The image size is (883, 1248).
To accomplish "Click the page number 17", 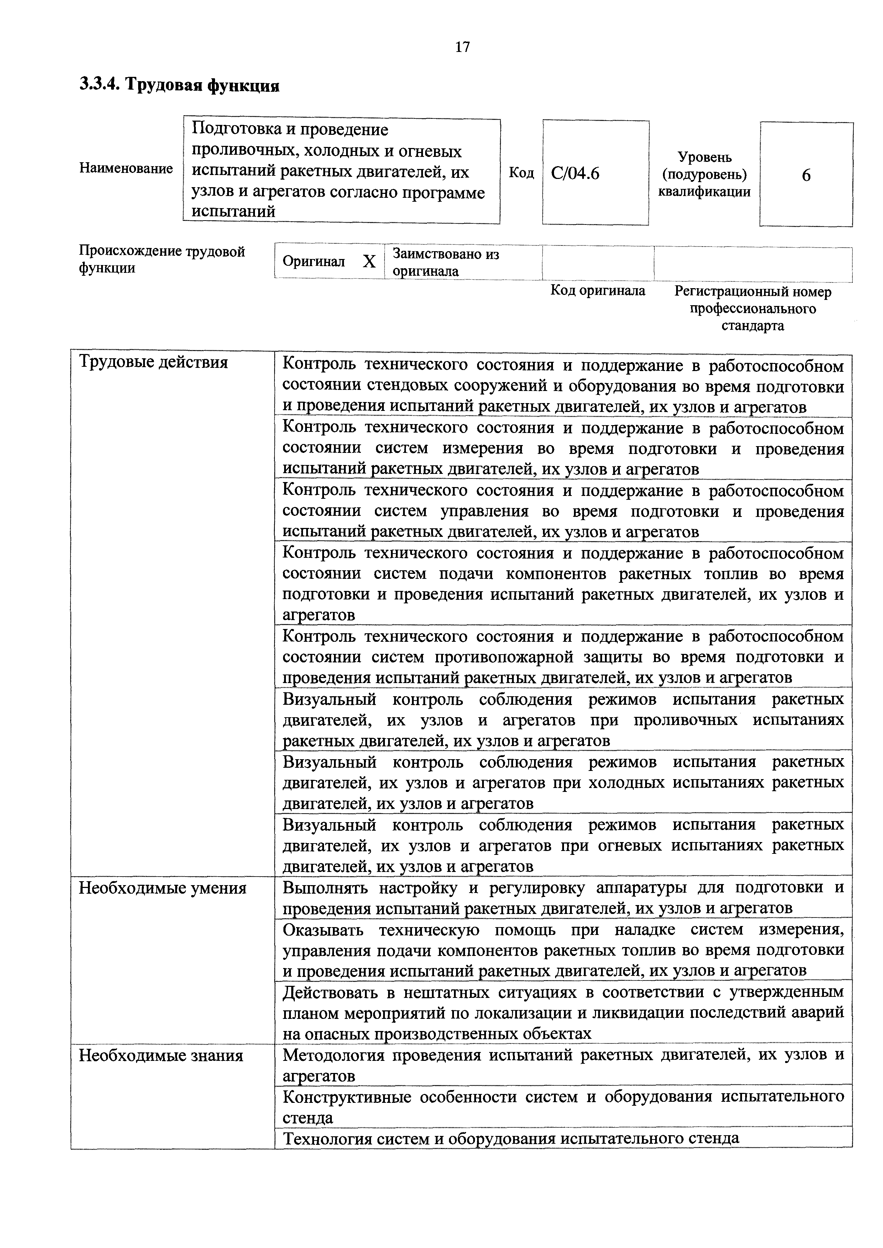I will (462, 47).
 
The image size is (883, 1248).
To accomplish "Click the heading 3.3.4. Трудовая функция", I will (179, 85).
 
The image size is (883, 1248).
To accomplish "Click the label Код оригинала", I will (597, 290).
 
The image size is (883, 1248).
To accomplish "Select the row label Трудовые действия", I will (153, 363).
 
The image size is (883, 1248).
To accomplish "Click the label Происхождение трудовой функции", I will (162, 259).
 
